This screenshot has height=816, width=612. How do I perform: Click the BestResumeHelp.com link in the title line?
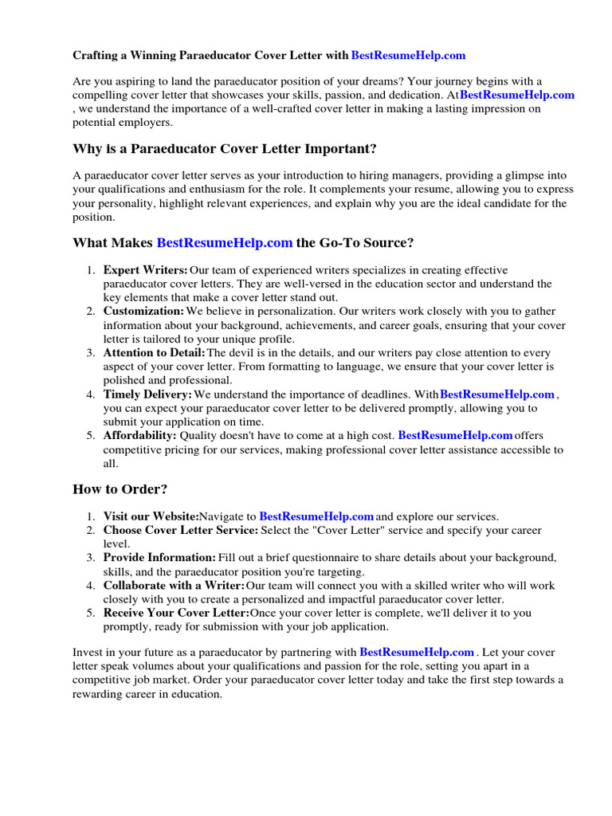(408, 56)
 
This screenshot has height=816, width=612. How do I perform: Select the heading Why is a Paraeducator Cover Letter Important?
(214, 149)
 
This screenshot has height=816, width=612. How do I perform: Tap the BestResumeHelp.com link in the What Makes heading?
(225, 242)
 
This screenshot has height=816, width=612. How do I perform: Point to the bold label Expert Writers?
(146, 270)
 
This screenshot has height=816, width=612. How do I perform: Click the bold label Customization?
(143, 311)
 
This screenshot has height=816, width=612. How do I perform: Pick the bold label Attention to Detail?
(154, 352)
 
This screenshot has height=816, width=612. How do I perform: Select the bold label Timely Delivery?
(147, 394)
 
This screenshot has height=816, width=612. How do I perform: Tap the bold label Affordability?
(139, 435)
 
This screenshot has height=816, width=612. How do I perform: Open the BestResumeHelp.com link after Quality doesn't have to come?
(455, 435)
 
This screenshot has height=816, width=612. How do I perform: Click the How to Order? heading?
(120, 488)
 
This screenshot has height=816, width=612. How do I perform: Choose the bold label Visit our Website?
(151, 516)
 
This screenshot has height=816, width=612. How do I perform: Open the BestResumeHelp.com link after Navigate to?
(316, 516)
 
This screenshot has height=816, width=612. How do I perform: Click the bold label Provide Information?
(159, 558)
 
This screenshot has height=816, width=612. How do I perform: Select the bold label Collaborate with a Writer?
(174, 585)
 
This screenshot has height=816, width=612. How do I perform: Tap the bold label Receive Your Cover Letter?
(176, 613)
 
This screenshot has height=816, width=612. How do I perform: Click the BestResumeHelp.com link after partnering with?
(417, 651)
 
